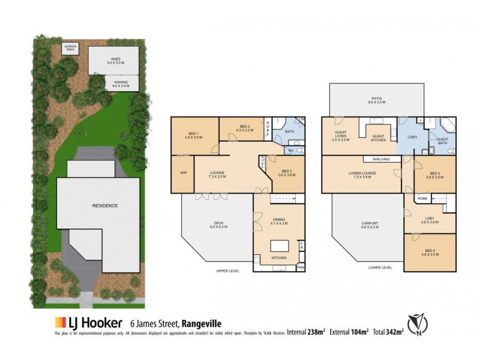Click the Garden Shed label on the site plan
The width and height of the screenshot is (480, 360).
click(71, 47)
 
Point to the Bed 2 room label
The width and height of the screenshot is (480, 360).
click(242, 128)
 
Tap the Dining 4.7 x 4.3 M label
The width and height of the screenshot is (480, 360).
click(278, 221)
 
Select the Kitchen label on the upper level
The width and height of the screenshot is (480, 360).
click(278, 257)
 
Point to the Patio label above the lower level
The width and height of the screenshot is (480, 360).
click(376, 100)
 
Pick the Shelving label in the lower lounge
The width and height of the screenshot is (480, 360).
click(382, 159)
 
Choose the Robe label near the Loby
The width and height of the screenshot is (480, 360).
click(422, 197)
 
